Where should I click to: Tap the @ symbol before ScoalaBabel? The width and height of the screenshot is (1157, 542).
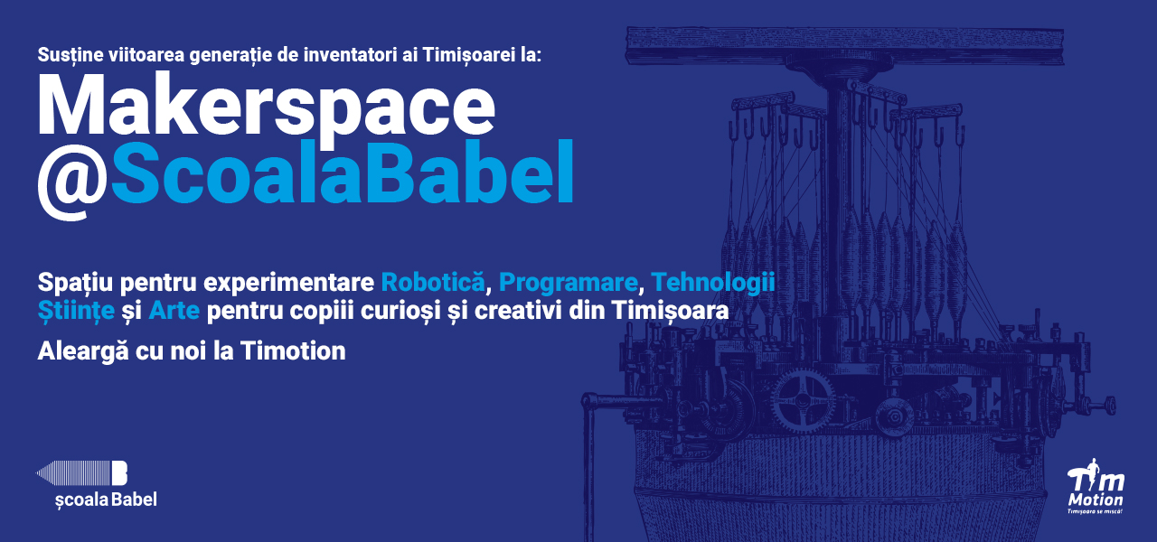pos(73,182)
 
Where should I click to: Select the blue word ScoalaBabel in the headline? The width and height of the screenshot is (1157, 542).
pos(342,172)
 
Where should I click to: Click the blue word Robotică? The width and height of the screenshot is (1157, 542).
pos(433,283)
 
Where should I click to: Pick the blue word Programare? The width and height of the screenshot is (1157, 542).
pos(569,283)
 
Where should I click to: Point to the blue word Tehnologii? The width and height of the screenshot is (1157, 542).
pos(713,283)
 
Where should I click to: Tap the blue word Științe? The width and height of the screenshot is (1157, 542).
pos(76,311)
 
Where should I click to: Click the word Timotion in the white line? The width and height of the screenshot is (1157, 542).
pos(293,351)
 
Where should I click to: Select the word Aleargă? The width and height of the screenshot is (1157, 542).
pos(82,352)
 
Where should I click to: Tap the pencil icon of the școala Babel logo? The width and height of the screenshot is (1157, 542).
pos(81,472)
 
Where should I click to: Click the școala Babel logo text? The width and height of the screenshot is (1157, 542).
pos(106,500)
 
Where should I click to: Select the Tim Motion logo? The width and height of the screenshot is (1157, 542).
pos(1096,486)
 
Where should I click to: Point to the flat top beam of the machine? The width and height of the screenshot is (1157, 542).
pos(845,44)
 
